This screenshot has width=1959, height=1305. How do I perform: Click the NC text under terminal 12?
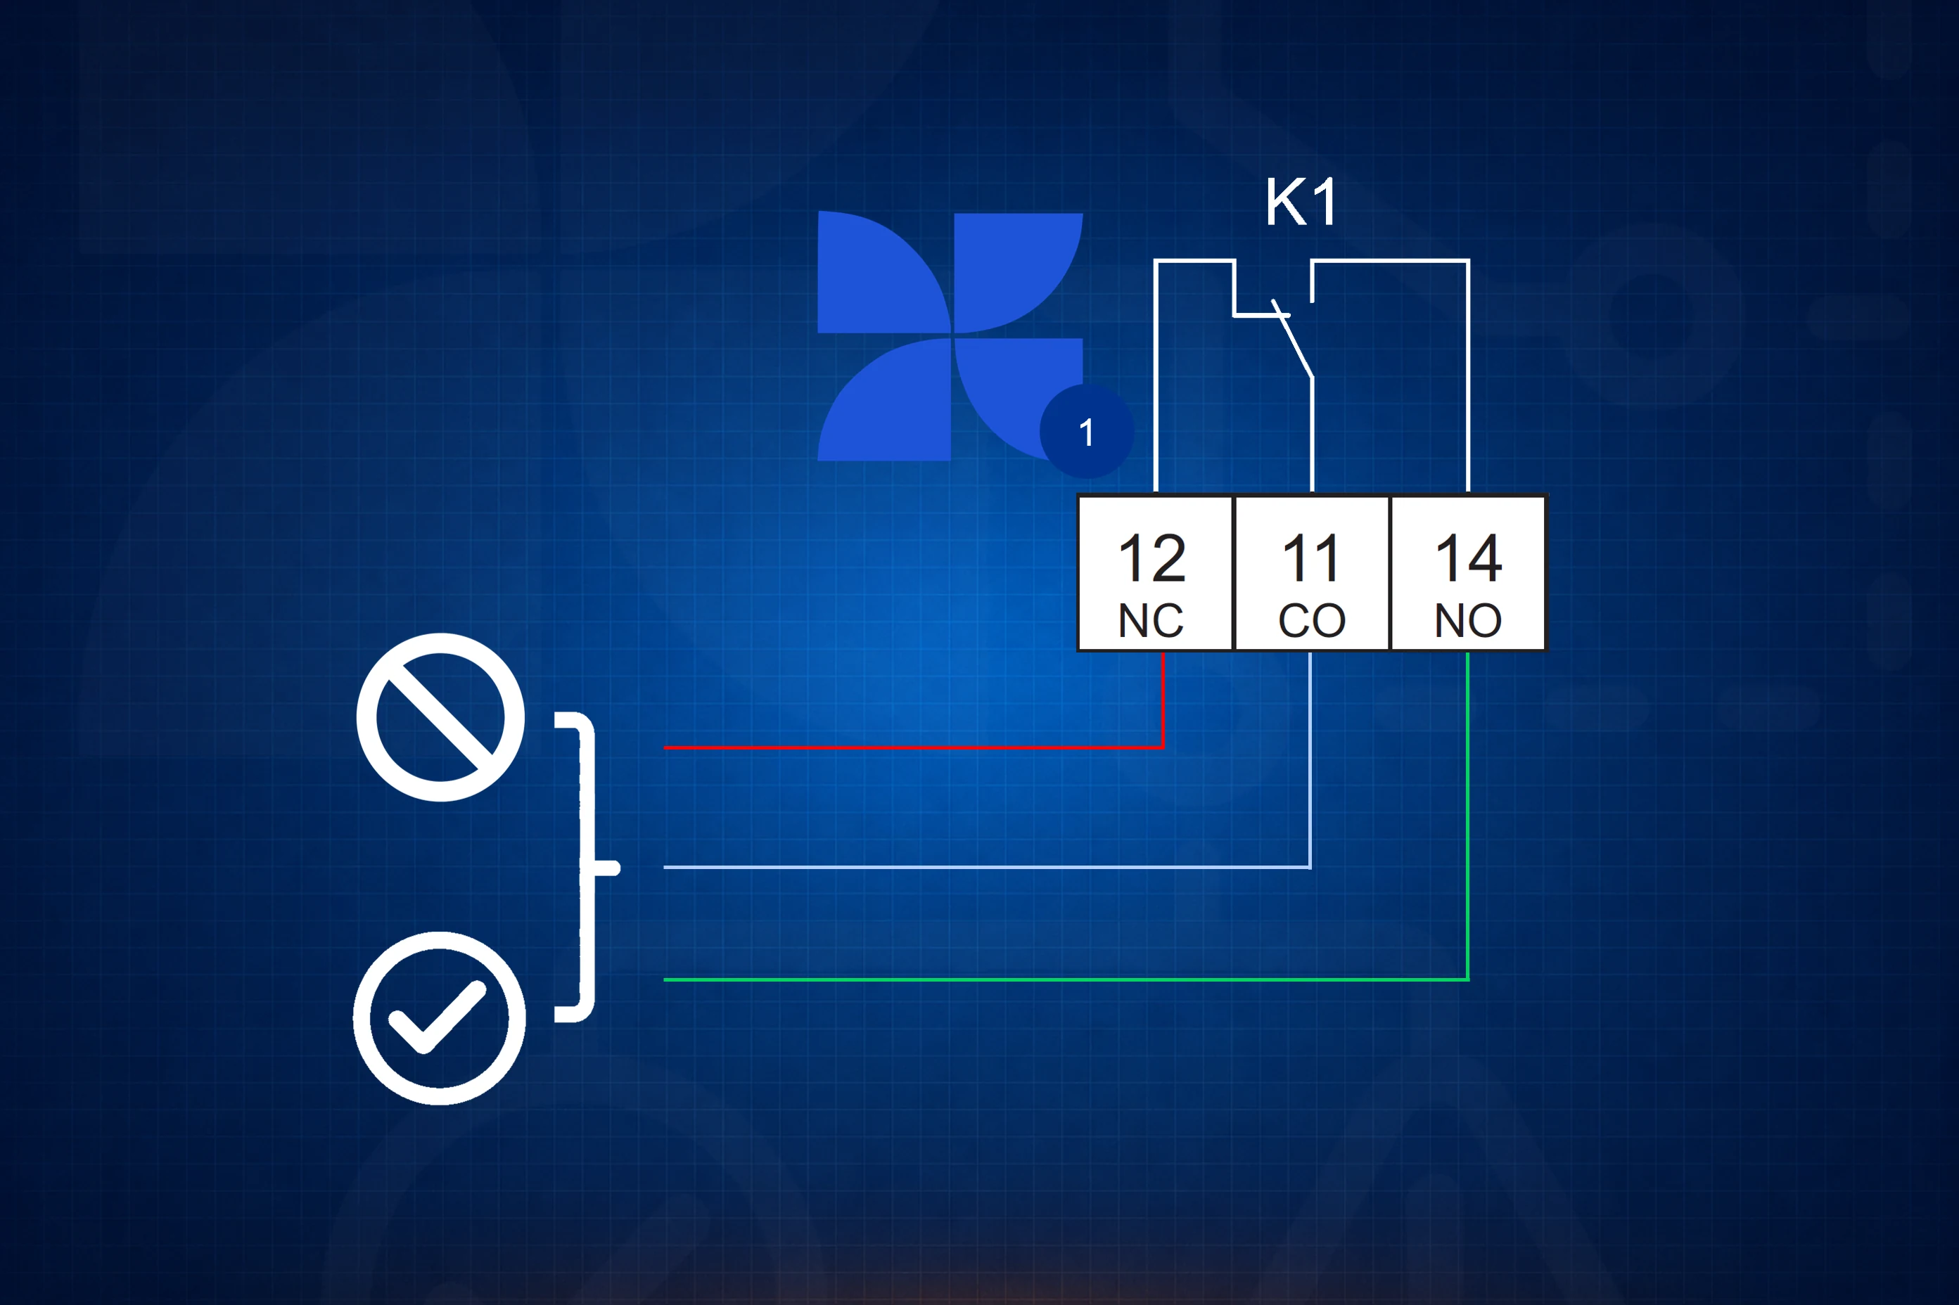click(1151, 620)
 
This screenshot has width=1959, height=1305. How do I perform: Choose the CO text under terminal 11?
click(1311, 620)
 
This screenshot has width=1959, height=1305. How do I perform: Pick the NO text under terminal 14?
click(1468, 620)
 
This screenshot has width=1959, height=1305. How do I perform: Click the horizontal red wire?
click(913, 747)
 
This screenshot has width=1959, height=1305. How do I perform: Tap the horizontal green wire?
click(1066, 979)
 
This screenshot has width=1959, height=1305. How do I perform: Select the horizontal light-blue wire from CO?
click(988, 867)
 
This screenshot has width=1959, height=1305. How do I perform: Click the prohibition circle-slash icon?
click(440, 717)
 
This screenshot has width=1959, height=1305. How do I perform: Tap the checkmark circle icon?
click(440, 1018)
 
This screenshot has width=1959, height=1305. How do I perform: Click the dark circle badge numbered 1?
click(1087, 431)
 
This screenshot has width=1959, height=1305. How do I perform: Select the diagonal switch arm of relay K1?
click(1293, 339)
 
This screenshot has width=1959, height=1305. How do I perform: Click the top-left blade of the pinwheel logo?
click(884, 272)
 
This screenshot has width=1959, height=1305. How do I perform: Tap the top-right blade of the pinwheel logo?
click(1017, 273)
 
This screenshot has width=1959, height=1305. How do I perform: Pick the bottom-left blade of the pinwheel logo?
click(884, 399)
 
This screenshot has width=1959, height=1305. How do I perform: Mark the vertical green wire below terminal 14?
click(1467, 816)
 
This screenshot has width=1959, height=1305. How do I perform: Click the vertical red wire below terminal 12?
click(1162, 700)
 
